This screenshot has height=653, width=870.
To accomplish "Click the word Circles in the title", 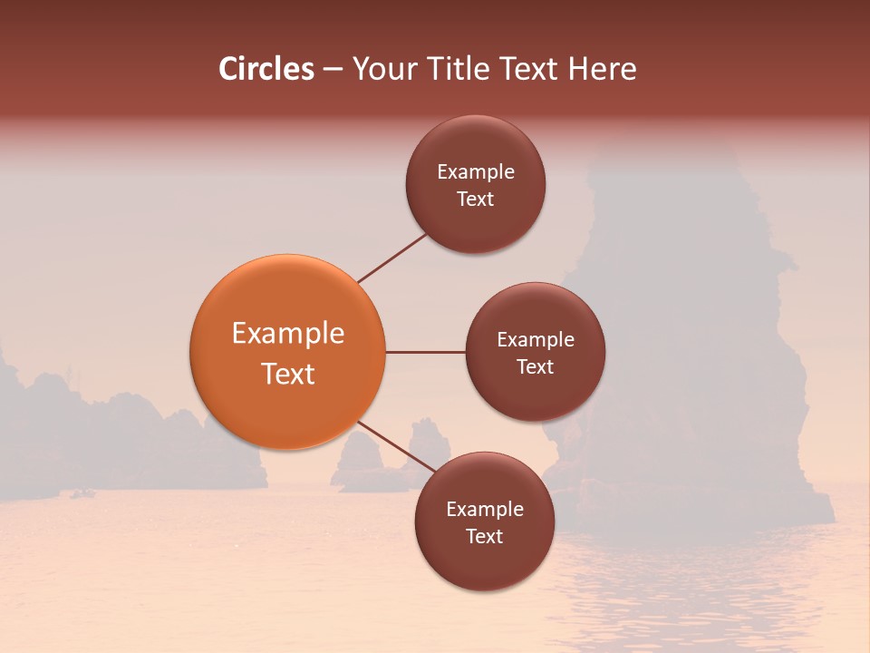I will click(266, 69).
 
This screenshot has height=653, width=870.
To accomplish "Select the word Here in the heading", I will click(603, 69).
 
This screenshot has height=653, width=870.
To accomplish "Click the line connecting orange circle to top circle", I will click(391, 258).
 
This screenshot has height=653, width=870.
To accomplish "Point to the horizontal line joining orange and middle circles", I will click(425, 352).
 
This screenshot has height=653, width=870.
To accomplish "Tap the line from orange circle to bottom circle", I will click(399, 448).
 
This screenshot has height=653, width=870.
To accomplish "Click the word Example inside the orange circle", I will click(288, 333).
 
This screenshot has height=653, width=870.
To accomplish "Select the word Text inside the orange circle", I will click(288, 374).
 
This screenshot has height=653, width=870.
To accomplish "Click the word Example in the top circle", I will click(476, 171).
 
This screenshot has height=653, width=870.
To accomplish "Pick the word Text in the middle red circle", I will click(536, 366).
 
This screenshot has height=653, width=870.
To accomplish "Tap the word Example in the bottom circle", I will click(485, 509).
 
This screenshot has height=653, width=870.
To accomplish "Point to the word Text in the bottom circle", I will click(485, 536).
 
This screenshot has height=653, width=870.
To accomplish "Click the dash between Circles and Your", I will click(332, 69).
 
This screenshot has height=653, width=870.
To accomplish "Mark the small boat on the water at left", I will click(84, 493).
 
